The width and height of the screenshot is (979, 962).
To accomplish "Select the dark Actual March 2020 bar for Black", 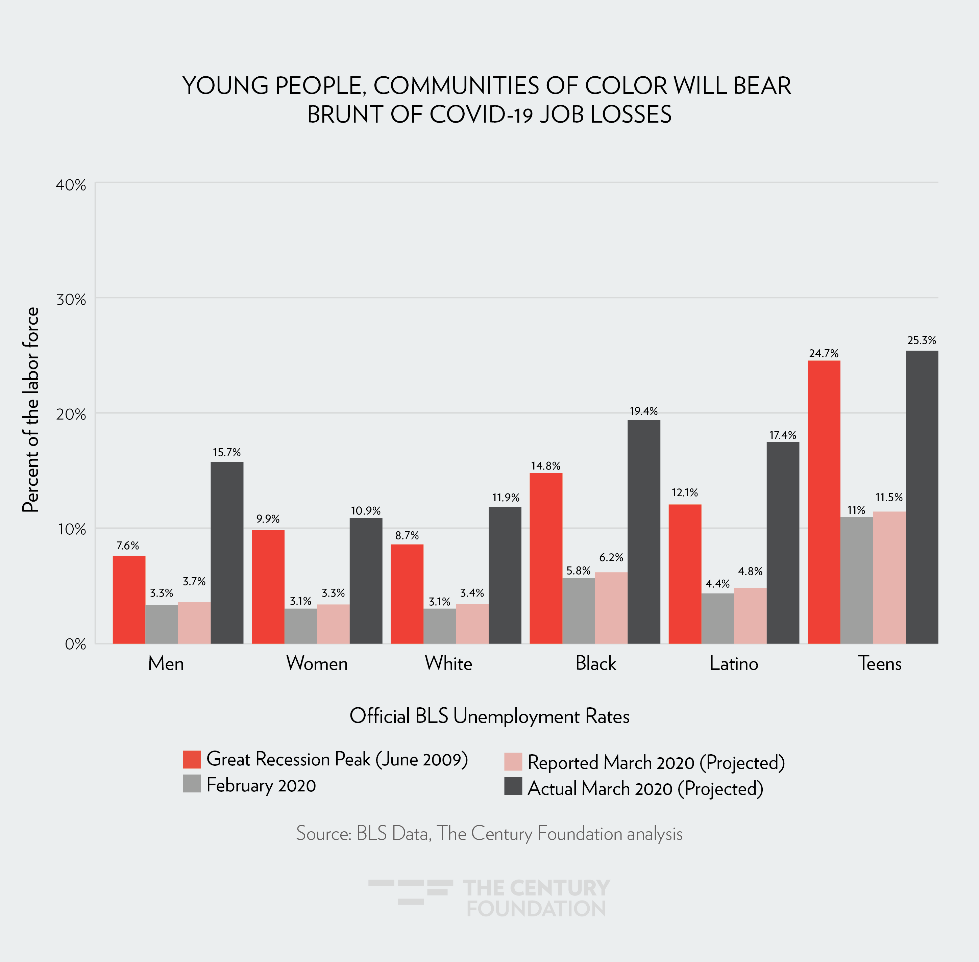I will [643, 532].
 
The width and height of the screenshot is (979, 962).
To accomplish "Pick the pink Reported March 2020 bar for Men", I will [194, 623].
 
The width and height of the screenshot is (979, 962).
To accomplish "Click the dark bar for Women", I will [366, 581].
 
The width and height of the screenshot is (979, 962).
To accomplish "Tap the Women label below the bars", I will [317, 663].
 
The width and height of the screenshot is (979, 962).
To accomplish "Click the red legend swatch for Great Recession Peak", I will [192, 759].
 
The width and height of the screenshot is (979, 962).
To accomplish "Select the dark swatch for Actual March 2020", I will [513, 786].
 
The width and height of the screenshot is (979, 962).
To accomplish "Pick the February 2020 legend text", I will [261, 785].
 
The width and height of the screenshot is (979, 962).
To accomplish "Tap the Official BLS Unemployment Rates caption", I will [489, 716].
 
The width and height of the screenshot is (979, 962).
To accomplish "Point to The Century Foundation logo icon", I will [410, 891].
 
